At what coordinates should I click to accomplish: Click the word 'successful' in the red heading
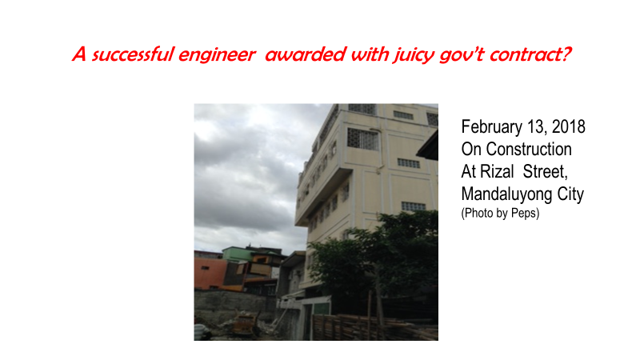pyautogui.click(x=133, y=54)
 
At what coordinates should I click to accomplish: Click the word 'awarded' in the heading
pyautogui.click(x=306, y=54)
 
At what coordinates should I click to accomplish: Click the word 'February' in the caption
pyautogui.click(x=491, y=127)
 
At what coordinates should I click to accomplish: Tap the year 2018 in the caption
pyautogui.click(x=569, y=127)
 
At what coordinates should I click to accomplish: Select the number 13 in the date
pyautogui.click(x=536, y=128)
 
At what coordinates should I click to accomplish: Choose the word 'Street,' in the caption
pyautogui.click(x=546, y=172)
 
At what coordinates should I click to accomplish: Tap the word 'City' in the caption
pyautogui.click(x=570, y=194)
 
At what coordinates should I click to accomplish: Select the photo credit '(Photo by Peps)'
pyautogui.click(x=501, y=213)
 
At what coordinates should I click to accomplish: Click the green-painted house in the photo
pyautogui.click(x=237, y=254)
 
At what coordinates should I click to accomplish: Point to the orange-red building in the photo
pyautogui.click(x=210, y=274)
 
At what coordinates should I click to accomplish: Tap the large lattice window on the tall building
pyautogui.click(x=363, y=139)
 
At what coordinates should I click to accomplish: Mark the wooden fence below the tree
pyautogui.click(x=367, y=326)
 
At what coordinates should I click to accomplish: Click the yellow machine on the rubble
pyautogui.click(x=245, y=326)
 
